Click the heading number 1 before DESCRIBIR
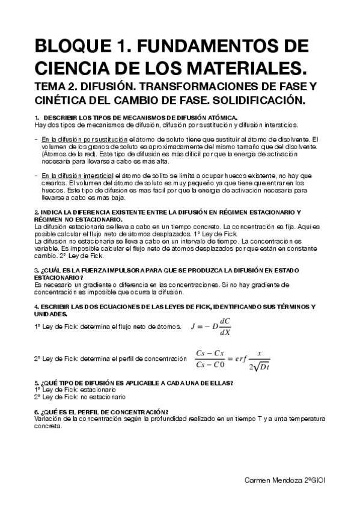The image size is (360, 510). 37,117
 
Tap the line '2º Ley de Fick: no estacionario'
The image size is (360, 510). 79,397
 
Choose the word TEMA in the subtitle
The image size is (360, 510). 50,86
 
